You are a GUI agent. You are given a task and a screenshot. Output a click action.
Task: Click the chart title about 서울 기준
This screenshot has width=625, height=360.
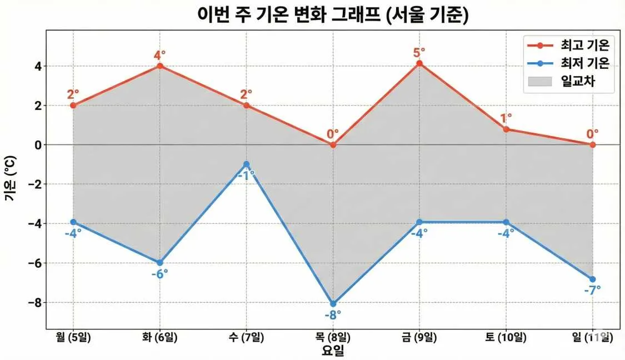[x=333, y=14]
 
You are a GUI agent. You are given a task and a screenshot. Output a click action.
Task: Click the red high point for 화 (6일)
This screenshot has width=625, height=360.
[x=160, y=66]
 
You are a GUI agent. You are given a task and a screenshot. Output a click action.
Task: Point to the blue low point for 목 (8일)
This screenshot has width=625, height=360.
[x=333, y=304]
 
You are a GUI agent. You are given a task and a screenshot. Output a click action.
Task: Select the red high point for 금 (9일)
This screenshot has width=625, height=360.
[x=419, y=63]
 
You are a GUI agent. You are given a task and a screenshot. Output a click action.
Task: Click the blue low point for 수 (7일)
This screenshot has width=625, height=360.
[x=246, y=164]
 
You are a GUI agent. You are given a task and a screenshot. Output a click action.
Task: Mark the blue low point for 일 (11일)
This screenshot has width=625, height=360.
[x=593, y=279]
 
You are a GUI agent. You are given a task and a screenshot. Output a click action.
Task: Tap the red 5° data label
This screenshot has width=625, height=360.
[x=419, y=52]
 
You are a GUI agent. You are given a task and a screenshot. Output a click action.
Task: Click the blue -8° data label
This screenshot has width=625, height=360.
[x=333, y=315]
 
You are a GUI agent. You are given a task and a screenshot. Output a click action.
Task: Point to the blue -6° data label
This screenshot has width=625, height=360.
[x=159, y=273]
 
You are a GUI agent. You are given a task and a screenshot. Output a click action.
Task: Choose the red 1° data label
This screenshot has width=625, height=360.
[x=506, y=118]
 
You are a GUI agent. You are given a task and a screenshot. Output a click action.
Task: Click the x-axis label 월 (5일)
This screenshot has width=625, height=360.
[x=73, y=337]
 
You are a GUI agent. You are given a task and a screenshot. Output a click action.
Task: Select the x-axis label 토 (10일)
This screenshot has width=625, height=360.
[x=506, y=337]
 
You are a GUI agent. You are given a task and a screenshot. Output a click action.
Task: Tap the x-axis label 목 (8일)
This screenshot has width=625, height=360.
[x=333, y=337]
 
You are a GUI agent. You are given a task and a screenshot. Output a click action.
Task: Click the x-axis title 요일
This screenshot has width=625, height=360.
[x=333, y=351]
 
